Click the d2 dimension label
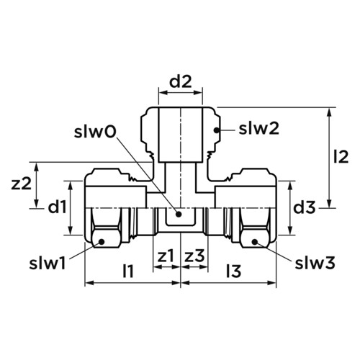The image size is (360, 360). pos(181,82)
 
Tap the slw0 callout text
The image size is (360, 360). pos(95,132)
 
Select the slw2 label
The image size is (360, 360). pos(258,129)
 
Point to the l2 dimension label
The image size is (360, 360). pos(341,157)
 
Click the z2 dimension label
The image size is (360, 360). pos(22,184)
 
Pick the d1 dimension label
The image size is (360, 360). pos(57,207)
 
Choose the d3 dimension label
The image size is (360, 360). pos(305,207)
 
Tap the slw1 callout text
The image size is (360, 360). pos(48,264)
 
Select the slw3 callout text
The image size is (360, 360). pos(315,264)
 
